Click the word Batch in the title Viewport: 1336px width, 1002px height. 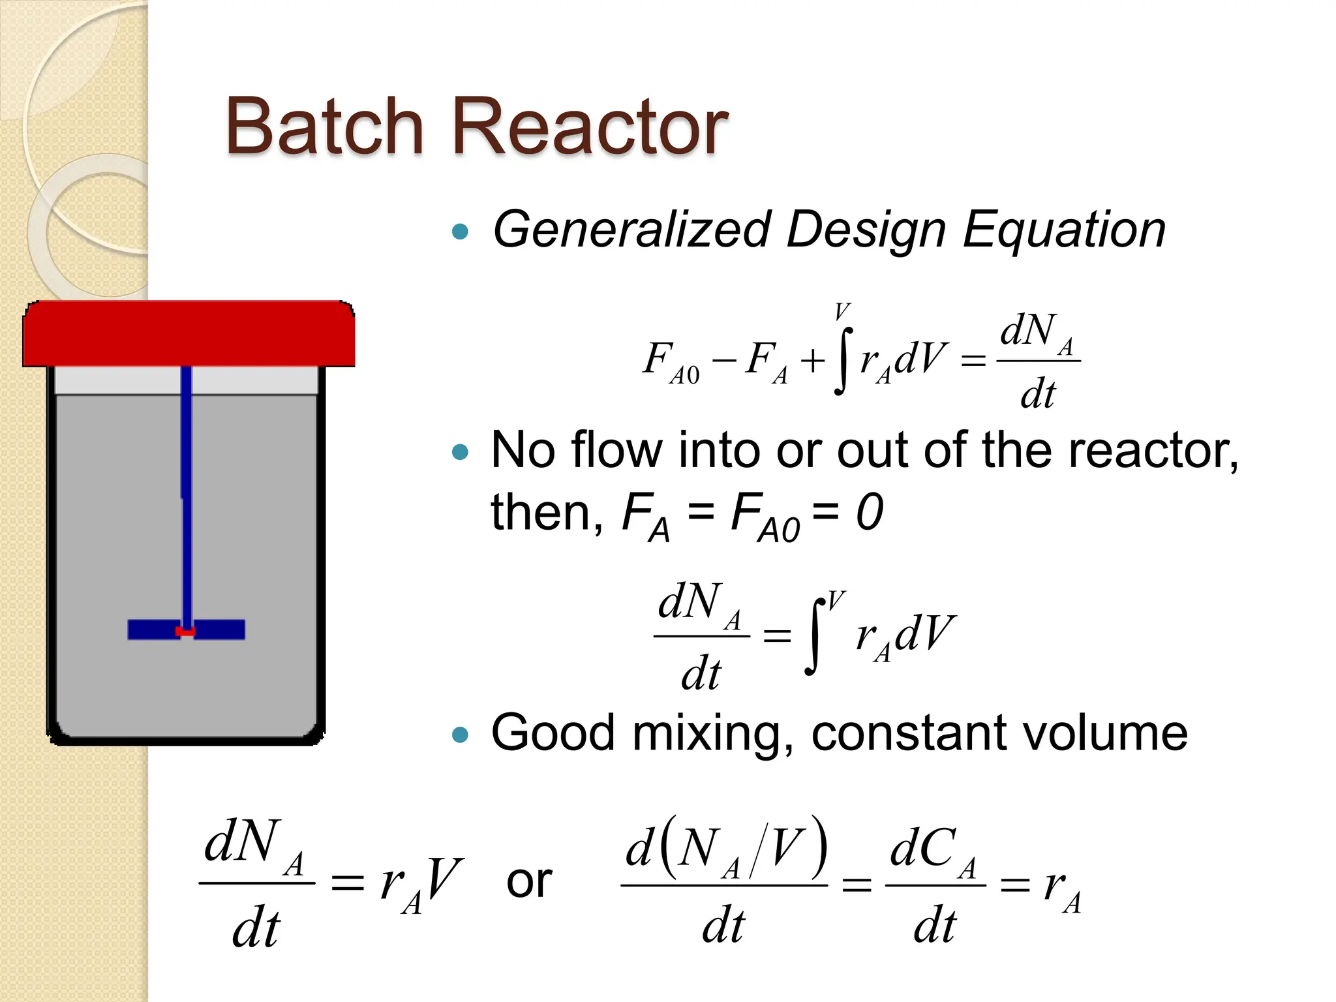point(324,127)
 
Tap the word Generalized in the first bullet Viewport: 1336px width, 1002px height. point(631,230)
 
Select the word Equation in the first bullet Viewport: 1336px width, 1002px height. point(1063,230)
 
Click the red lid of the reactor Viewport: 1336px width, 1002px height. point(189,333)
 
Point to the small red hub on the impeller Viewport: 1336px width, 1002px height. point(186,631)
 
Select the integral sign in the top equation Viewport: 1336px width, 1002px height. point(843,360)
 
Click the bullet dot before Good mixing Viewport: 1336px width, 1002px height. point(461,735)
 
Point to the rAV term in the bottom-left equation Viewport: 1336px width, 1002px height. point(421,885)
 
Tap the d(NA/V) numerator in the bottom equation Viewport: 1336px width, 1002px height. point(725,849)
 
